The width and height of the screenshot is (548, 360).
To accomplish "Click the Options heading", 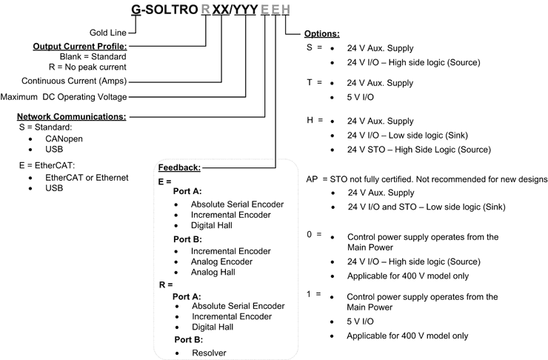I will click(x=323, y=34).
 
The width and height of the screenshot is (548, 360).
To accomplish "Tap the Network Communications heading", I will click(x=70, y=116).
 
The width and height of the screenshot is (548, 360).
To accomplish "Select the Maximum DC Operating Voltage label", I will click(x=64, y=96).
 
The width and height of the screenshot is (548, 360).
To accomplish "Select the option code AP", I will click(x=313, y=180).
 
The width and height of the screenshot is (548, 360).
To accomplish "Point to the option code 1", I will click(x=310, y=294).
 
